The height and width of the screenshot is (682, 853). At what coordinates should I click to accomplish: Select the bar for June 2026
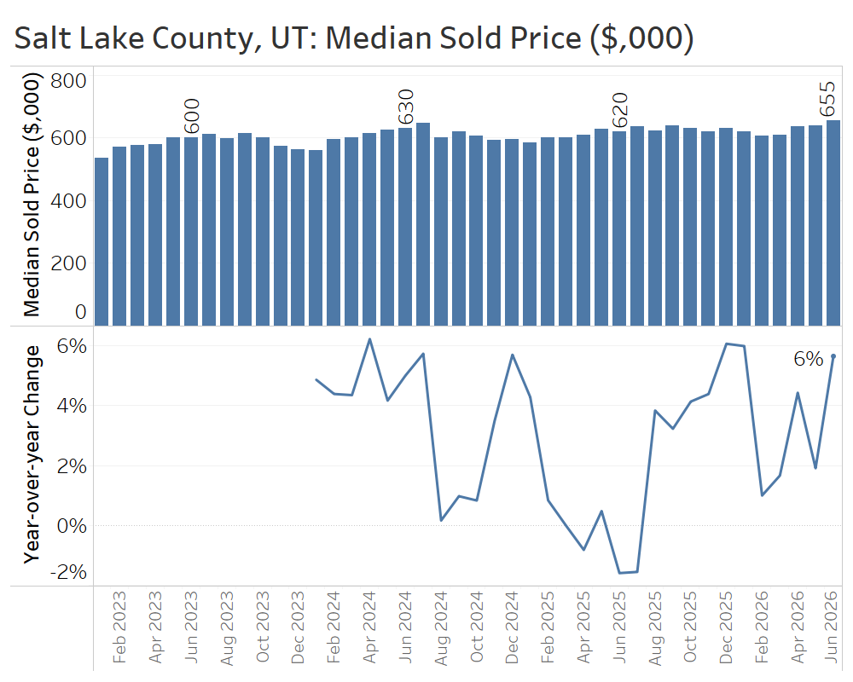[833, 223]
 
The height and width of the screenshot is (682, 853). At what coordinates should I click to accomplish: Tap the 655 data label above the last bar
[827, 99]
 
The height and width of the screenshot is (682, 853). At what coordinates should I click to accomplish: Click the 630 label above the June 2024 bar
[406, 107]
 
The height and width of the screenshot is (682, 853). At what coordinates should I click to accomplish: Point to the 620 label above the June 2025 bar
[620, 111]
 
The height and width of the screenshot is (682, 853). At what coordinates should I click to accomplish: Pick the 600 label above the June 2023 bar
[192, 116]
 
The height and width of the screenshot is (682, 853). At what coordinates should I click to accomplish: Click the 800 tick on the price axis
[68, 81]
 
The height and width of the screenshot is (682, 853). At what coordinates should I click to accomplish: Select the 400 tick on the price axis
[68, 201]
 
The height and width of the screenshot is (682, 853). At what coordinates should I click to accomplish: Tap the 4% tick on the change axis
[72, 406]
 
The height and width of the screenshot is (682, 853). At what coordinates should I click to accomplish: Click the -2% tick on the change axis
[68, 572]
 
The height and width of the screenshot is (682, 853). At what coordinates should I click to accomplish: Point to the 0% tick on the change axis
[72, 526]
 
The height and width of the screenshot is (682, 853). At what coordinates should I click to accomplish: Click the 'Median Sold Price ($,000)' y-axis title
[32, 194]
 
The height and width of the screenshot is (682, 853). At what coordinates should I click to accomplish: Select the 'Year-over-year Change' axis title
[32, 454]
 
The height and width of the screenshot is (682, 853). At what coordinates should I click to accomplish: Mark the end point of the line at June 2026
[833, 356]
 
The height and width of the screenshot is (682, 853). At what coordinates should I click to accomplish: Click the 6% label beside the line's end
[809, 359]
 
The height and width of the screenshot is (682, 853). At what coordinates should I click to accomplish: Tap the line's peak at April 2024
[370, 339]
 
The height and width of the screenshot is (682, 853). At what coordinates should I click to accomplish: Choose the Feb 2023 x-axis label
[119, 627]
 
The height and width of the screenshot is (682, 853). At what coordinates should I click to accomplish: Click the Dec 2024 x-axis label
[512, 627]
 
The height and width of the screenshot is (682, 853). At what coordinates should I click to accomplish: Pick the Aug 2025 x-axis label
[655, 628]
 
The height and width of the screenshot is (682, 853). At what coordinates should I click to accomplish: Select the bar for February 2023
[119, 236]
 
